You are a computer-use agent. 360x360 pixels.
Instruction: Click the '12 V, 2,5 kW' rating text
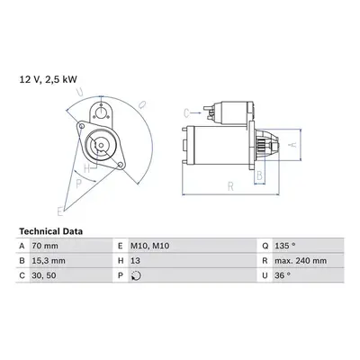[48, 79]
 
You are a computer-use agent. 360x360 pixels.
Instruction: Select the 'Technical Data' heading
[50, 231]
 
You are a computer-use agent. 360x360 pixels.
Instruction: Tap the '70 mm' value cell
[45, 246]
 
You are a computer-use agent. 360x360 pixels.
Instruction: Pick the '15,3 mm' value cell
[49, 261]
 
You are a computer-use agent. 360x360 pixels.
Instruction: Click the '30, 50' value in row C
[44, 275]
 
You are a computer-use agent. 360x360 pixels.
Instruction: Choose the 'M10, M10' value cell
[149, 246]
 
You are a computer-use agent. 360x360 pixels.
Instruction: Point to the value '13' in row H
[135, 261]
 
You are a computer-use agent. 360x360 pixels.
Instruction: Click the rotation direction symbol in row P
[136, 275]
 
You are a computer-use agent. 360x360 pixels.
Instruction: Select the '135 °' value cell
[285, 246]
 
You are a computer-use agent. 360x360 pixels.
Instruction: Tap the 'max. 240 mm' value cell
[301, 261]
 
